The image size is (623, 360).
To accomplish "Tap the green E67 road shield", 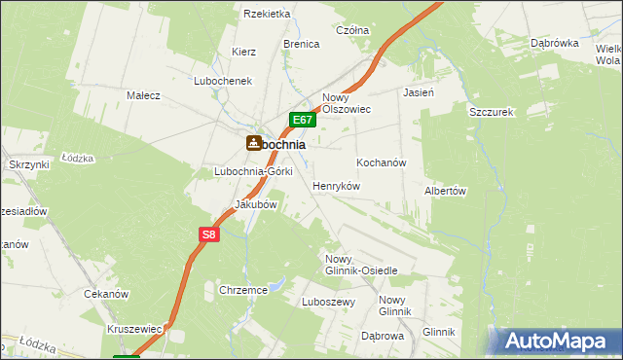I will click(x=303, y=121).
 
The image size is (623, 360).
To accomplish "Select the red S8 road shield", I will click(x=210, y=234).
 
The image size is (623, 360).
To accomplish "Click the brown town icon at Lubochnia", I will click(x=253, y=143).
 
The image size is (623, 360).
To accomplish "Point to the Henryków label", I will click(x=337, y=185).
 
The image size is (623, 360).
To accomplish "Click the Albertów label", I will click(x=446, y=192).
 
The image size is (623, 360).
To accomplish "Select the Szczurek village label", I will click(x=491, y=112).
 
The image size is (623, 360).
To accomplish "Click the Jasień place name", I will click(x=418, y=93).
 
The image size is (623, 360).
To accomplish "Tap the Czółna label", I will click(x=352, y=30).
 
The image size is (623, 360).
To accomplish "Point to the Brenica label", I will click(x=302, y=45).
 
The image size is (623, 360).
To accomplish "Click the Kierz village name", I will click(x=243, y=52).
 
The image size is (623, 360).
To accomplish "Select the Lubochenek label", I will click(x=223, y=81).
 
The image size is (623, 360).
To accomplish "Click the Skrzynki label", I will click(x=29, y=165).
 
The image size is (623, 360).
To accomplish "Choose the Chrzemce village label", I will click(x=243, y=290).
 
